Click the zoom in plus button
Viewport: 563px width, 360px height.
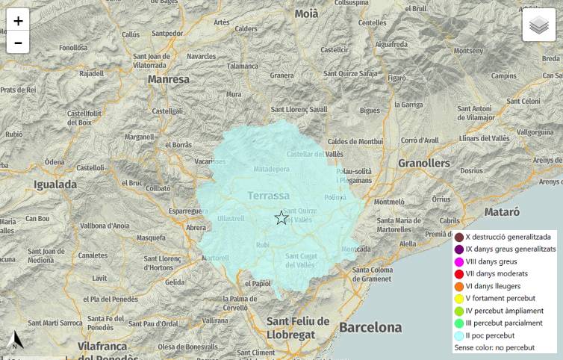pyautogui.click(x=18, y=20)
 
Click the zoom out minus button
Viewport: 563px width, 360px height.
pyautogui.click(x=18, y=43)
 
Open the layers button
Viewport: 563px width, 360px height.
pyautogui.click(x=538, y=25)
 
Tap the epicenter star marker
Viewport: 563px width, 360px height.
pyautogui.click(x=281, y=218)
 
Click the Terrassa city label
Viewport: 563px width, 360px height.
pyautogui.click(x=268, y=196)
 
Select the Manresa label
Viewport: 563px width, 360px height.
pyautogui.click(x=169, y=78)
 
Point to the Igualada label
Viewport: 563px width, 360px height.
pyautogui.click(x=55, y=184)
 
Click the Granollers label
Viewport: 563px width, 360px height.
pyautogui.click(x=423, y=163)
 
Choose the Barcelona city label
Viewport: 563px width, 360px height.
pyautogui.click(x=370, y=327)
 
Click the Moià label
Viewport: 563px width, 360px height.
pyautogui.click(x=306, y=13)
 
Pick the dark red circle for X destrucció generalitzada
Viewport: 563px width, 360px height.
pyautogui.click(x=459, y=238)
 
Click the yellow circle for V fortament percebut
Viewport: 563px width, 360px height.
pyautogui.click(x=459, y=299)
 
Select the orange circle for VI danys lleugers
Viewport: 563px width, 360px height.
pyautogui.click(x=459, y=286)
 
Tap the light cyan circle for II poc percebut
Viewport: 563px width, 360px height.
pyautogui.click(x=459, y=335)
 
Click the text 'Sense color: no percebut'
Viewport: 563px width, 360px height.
pyautogui.click(x=494, y=347)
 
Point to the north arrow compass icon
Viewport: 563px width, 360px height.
pyautogui.click(x=16, y=341)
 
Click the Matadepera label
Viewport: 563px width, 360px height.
pyautogui.click(x=271, y=170)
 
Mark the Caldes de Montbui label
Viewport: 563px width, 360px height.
pyautogui.click(x=355, y=141)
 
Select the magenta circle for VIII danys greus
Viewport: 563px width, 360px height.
pyautogui.click(x=459, y=262)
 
